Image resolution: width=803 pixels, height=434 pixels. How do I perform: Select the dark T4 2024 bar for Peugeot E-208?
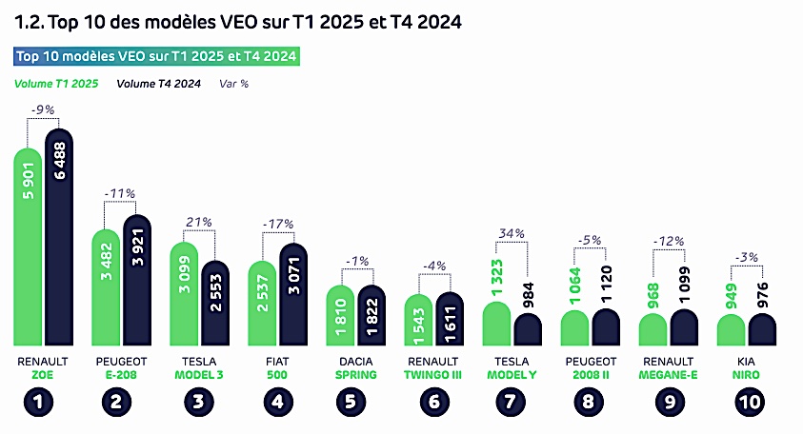137,281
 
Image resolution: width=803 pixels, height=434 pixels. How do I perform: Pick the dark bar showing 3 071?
293,295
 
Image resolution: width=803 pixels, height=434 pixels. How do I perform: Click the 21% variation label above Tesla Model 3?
200,223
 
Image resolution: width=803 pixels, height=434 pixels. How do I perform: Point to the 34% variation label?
513,234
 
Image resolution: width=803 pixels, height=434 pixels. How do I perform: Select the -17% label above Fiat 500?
278,224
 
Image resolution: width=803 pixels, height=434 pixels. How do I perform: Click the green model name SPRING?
356,375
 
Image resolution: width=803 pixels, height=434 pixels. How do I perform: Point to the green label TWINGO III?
434,375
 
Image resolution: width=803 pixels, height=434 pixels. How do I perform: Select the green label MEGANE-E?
670,375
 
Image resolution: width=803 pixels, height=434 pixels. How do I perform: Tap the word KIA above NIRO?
748,362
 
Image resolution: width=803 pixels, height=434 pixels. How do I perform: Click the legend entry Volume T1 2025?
57,83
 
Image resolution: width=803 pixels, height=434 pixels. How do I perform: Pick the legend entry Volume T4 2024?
158,83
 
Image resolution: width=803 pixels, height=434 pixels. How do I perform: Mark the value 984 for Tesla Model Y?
529,295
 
